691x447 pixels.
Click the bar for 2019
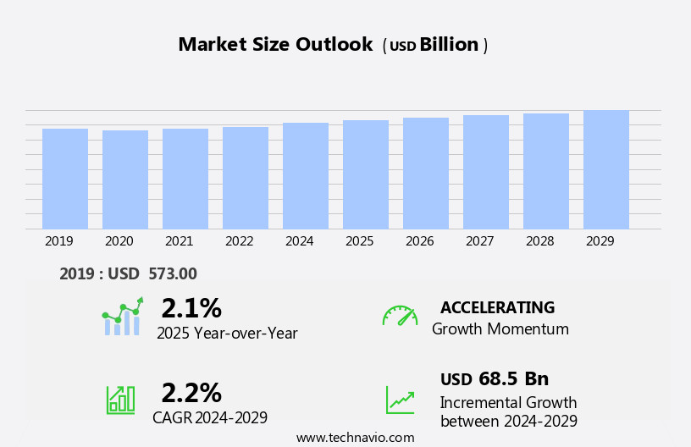coord(65,179)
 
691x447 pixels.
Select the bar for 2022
coord(246,178)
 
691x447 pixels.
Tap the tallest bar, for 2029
coord(606,169)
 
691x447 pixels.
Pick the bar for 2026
coord(426,174)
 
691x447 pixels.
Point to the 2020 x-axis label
coord(119,241)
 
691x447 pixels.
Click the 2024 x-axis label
coord(300,241)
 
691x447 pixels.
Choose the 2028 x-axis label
coord(540,241)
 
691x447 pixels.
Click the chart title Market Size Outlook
coord(275,45)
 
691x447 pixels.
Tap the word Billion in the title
coord(449,45)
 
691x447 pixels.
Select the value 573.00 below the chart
coord(173,273)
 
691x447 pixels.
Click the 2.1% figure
coord(191,308)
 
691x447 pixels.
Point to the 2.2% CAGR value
coord(191,393)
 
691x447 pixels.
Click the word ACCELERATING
coord(497,307)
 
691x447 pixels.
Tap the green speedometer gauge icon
coord(400,316)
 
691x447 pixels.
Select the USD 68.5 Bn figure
coord(495,378)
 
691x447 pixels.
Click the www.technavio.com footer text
coord(355,438)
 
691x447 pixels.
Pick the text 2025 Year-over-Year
coord(227,334)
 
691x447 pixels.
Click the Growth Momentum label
coord(500,329)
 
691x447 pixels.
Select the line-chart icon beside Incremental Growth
coord(400,400)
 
